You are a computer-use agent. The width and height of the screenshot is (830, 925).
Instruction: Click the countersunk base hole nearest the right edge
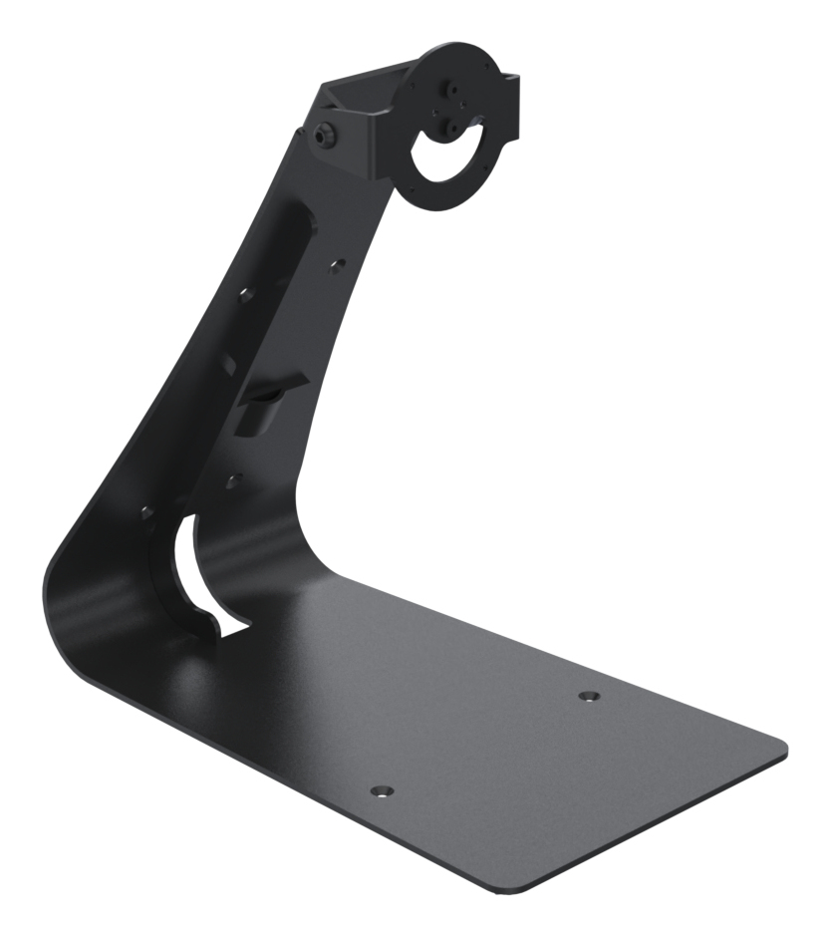tap(588, 695)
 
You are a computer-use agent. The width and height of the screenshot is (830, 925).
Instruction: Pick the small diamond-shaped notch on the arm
tap(229, 365)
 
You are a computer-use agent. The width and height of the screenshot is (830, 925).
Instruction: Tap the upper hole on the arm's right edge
tap(338, 264)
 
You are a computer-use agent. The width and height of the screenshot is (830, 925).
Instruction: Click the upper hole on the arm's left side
tap(245, 295)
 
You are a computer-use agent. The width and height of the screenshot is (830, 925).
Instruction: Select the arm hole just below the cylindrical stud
tap(233, 480)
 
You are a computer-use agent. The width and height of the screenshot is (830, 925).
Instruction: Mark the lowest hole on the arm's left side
tap(146, 511)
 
